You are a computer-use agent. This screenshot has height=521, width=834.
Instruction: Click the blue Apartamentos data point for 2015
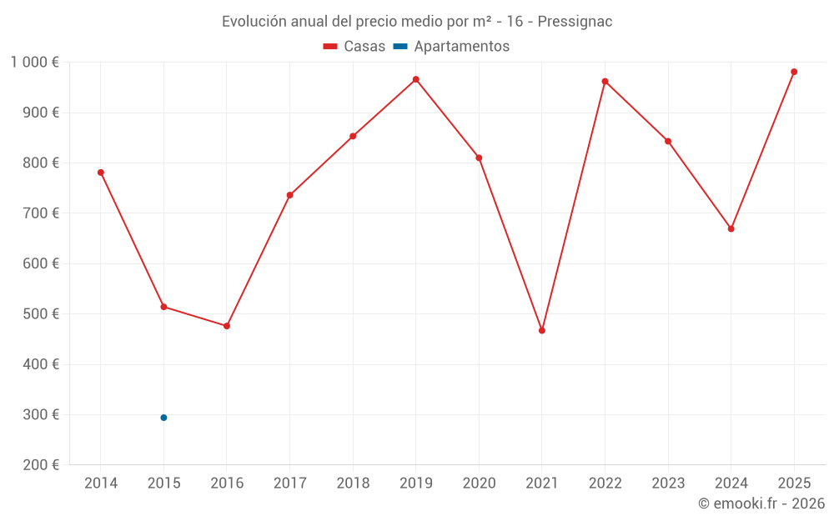(163, 418)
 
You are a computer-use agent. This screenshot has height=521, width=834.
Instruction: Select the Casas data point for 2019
(416, 79)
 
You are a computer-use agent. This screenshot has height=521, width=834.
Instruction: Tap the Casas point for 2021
(542, 331)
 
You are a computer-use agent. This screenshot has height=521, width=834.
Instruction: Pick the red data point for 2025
(794, 72)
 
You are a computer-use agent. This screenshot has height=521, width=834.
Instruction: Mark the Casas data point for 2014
(101, 173)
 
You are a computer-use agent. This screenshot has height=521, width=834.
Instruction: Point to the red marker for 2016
(227, 326)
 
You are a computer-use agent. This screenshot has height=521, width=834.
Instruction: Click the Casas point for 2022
(605, 82)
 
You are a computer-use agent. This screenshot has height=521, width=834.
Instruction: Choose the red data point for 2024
(731, 228)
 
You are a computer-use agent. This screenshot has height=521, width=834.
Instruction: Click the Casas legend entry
(354, 47)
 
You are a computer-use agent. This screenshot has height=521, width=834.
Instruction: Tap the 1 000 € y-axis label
(35, 63)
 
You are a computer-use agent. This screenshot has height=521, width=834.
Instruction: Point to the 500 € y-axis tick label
(41, 314)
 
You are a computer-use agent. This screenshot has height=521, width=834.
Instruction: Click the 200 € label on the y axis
(41, 465)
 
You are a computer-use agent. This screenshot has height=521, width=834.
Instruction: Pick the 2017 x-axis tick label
(289, 483)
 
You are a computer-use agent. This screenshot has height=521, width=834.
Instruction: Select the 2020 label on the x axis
(479, 483)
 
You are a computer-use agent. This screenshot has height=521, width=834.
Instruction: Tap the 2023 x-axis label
(668, 483)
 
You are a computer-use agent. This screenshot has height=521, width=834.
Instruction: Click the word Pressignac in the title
(575, 22)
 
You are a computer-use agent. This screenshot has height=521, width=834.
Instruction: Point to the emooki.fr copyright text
(761, 503)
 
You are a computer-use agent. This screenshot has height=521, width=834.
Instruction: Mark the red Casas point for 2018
(353, 136)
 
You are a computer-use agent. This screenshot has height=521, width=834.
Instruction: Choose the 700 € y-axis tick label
(41, 213)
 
